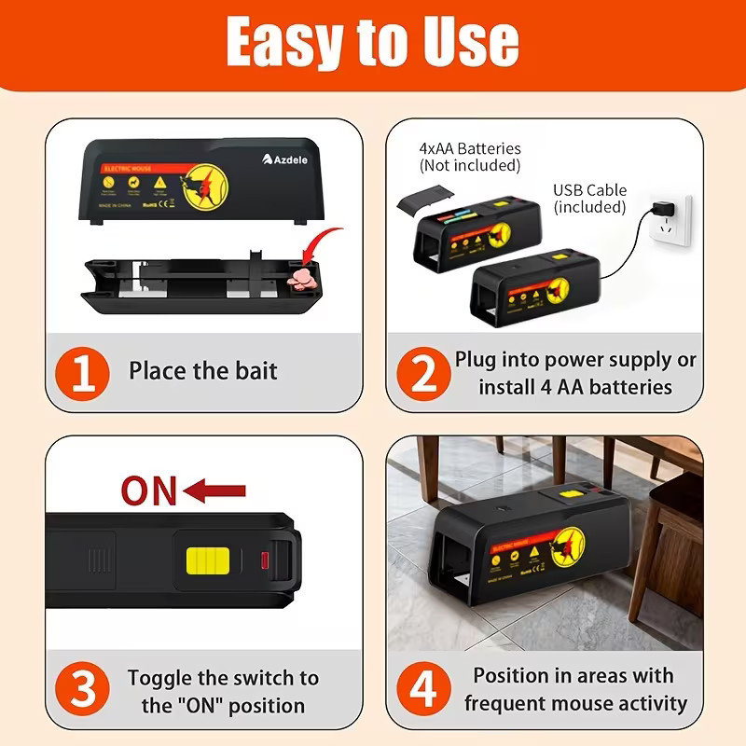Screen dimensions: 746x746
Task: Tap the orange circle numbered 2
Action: coord(422,373)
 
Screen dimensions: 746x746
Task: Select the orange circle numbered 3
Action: coord(84,691)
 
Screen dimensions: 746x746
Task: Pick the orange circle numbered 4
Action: coord(422,691)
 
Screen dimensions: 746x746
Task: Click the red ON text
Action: coord(149,490)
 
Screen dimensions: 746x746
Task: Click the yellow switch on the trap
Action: coord(206,561)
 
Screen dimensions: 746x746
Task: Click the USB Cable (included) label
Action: coord(589,199)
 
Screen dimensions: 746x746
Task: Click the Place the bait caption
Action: coord(203,371)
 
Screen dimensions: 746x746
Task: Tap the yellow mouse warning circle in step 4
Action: coord(568,540)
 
